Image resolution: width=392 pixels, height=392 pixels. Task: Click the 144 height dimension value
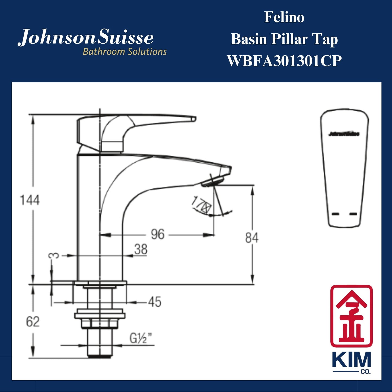[x=30, y=200]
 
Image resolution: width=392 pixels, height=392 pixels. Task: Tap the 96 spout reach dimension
[x=158, y=234]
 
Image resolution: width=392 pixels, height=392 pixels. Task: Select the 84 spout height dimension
[x=251, y=238]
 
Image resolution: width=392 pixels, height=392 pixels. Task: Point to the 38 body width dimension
[x=141, y=249]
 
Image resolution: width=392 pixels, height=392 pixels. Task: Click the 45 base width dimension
[x=155, y=302]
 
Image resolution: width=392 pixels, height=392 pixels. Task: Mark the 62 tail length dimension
[x=33, y=322]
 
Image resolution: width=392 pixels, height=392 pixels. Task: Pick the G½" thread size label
[x=141, y=339]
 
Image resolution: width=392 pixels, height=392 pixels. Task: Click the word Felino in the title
[x=284, y=17]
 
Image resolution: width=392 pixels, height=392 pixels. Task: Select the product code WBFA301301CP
[x=284, y=60]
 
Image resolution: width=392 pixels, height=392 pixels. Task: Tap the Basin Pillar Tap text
[x=284, y=39]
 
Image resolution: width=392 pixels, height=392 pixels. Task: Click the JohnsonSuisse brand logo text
[x=86, y=38]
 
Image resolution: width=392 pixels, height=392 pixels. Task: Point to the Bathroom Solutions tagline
[x=125, y=52]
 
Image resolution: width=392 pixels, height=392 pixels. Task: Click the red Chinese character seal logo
[x=351, y=316]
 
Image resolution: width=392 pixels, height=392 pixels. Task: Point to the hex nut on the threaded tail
[x=100, y=323]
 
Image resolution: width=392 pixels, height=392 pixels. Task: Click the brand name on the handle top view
[x=344, y=134]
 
